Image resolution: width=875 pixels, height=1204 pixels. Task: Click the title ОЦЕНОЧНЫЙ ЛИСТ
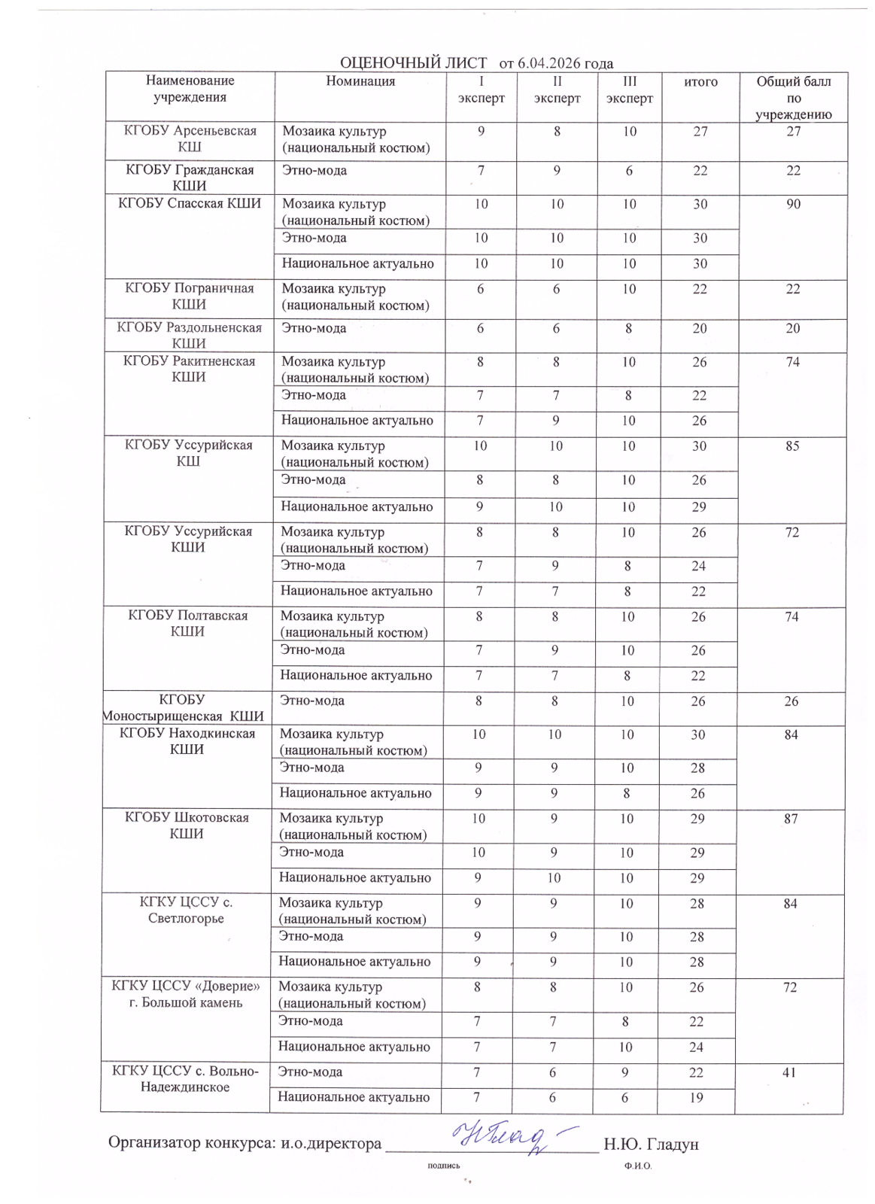413,63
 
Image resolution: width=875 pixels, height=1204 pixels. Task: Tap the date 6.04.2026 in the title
548,63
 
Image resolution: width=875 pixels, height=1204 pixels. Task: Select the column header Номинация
360,81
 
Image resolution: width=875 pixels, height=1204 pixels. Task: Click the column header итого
700,81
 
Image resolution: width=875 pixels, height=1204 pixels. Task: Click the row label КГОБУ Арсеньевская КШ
190,138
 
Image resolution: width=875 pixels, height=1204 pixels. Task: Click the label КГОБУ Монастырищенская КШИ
184,708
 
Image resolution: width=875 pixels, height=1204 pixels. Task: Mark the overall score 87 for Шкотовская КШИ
790,819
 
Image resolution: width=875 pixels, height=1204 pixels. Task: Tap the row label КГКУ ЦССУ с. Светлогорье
187,911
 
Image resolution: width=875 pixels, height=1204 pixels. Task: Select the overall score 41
789,1072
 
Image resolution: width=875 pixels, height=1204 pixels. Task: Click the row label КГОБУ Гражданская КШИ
190,178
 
